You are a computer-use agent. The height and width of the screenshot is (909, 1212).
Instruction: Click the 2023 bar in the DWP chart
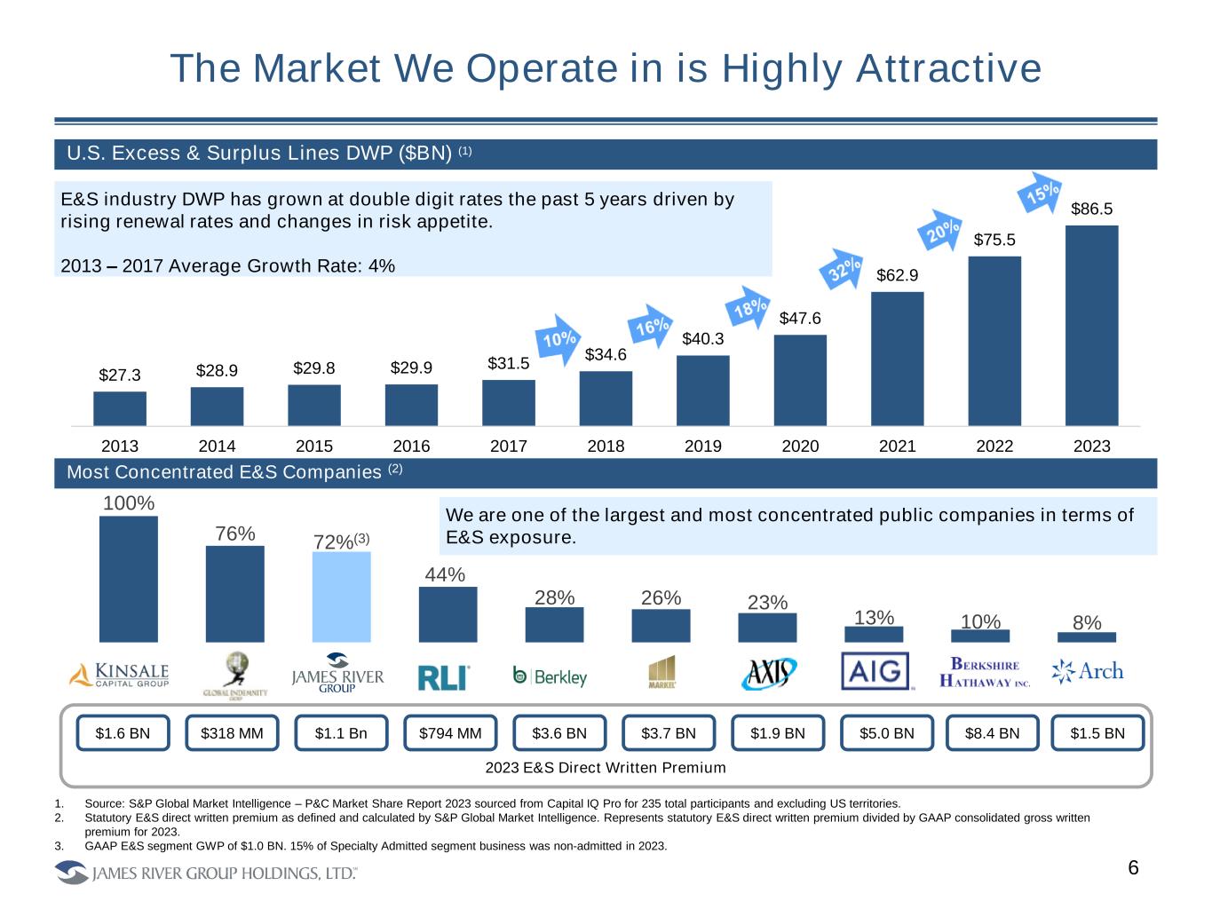tap(1091, 325)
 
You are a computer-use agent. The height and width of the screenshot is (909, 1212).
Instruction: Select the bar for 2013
tap(120, 408)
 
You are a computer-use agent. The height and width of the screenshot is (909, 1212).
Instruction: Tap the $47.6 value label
tap(800, 318)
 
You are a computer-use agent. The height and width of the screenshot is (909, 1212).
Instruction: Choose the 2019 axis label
tap(703, 447)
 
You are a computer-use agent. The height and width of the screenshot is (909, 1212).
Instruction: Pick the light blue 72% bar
tap(341, 597)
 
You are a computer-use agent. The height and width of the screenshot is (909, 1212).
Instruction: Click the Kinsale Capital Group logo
tap(119, 674)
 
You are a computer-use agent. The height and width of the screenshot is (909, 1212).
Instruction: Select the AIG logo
tap(875, 672)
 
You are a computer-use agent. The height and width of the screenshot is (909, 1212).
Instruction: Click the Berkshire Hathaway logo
tap(985, 673)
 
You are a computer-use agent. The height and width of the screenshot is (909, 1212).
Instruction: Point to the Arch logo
tap(1088, 672)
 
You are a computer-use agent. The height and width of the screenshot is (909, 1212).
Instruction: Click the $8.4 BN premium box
tap(992, 733)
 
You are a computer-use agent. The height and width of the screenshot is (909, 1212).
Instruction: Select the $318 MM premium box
tap(232, 733)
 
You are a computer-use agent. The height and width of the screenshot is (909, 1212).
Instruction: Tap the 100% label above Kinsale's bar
tap(129, 503)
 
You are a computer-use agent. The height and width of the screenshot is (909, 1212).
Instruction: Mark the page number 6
tap(1133, 868)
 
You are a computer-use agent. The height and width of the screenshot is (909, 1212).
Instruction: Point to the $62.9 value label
tap(897, 275)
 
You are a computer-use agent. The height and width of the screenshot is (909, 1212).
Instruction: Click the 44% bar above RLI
tap(448, 614)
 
